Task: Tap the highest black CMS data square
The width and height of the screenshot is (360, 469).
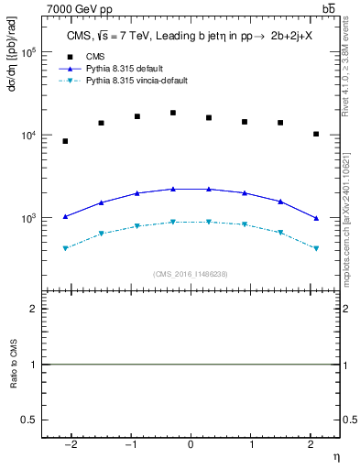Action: [x=173, y=113]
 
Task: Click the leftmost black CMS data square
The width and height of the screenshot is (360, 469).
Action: [x=65, y=141]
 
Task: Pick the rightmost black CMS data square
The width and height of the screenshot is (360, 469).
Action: [x=316, y=134]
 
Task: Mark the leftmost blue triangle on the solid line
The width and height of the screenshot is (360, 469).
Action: [x=65, y=216]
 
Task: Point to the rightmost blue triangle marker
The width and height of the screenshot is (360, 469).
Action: [x=316, y=218]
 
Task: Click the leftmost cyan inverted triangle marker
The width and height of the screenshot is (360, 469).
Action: [x=65, y=248]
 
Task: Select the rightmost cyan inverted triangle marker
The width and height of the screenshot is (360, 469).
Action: [x=316, y=248]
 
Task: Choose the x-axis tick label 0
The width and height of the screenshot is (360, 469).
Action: [x=190, y=445]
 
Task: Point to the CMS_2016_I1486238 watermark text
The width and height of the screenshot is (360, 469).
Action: [x=190, y=274]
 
